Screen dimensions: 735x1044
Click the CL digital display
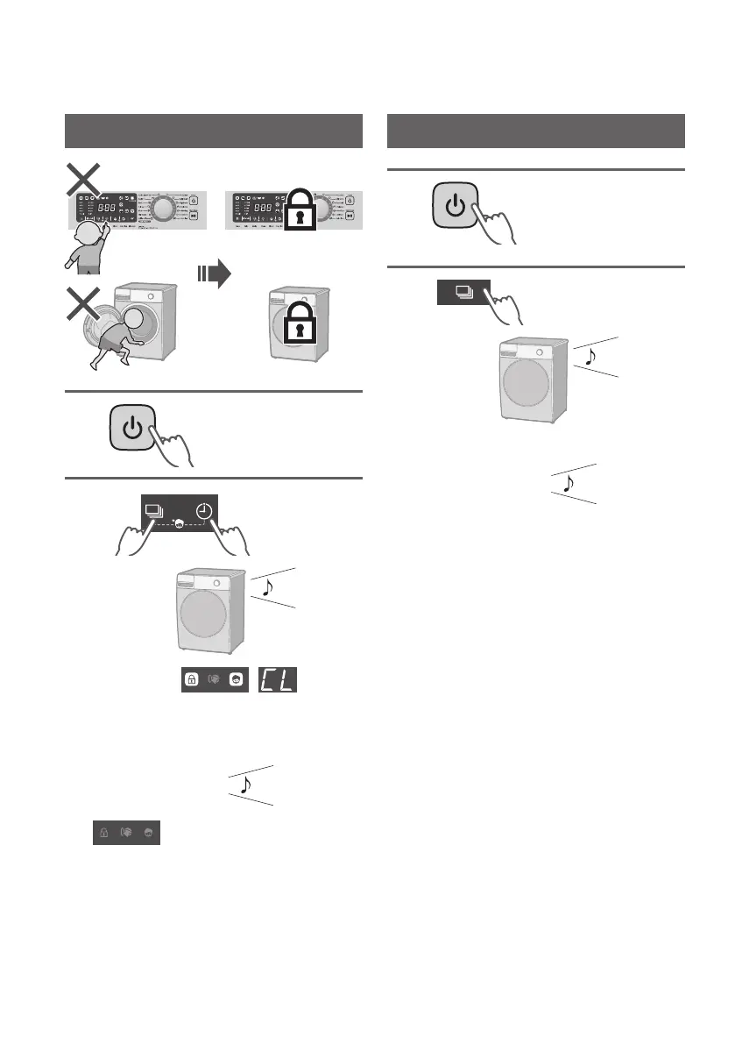click(x=274, y=680)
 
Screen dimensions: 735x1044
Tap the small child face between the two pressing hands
click(x=179, y=524)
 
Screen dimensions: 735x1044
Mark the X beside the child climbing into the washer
click(x=84, y=310)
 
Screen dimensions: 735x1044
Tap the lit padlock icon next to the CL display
click(x=191, y=681)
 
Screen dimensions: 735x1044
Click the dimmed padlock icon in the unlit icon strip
click(x=105, y=834)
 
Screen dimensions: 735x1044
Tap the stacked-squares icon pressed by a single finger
click(x=464, y=293)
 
